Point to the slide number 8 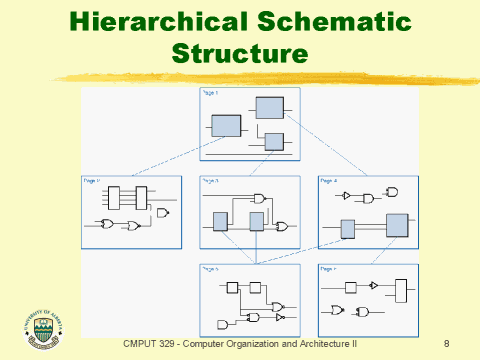pyautogui.click(x=445, y=342)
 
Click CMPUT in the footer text pyautogui.click(x=139, y=342)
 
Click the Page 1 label pyautogui.click(x=210, y=93)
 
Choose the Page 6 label pyautogui.click(x=328, y=269)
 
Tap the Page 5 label pyautogui.click(x=210, y=269)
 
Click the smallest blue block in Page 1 pyautogui.click(x=273, y=141)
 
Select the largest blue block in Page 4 pyautogui.click(x=397, y=225)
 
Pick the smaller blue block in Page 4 pyautogui.click(x=348, y=230)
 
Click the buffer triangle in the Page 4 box pyautogui.click(x=347, y=197)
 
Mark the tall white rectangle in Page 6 pyautogui.click(x=401, y=291)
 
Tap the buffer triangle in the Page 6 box pyautogui.click(x=372, y=285)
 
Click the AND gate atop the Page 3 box pyautogui.click(x=260, y=198)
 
